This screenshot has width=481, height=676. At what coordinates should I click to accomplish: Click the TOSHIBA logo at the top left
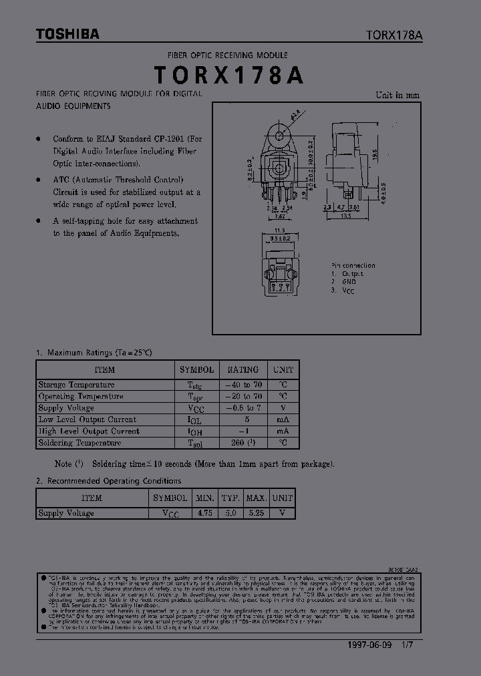67,34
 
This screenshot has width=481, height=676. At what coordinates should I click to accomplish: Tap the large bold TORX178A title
229,75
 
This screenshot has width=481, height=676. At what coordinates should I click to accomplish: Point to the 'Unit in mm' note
397,95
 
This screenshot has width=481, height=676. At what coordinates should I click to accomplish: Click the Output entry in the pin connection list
353,274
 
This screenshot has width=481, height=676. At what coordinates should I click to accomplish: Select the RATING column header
243,369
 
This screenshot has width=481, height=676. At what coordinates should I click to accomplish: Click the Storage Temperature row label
76,385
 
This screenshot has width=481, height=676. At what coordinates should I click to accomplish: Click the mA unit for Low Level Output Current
283,419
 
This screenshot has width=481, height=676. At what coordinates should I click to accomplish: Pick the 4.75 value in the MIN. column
205,513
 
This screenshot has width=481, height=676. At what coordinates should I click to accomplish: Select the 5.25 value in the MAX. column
257,513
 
